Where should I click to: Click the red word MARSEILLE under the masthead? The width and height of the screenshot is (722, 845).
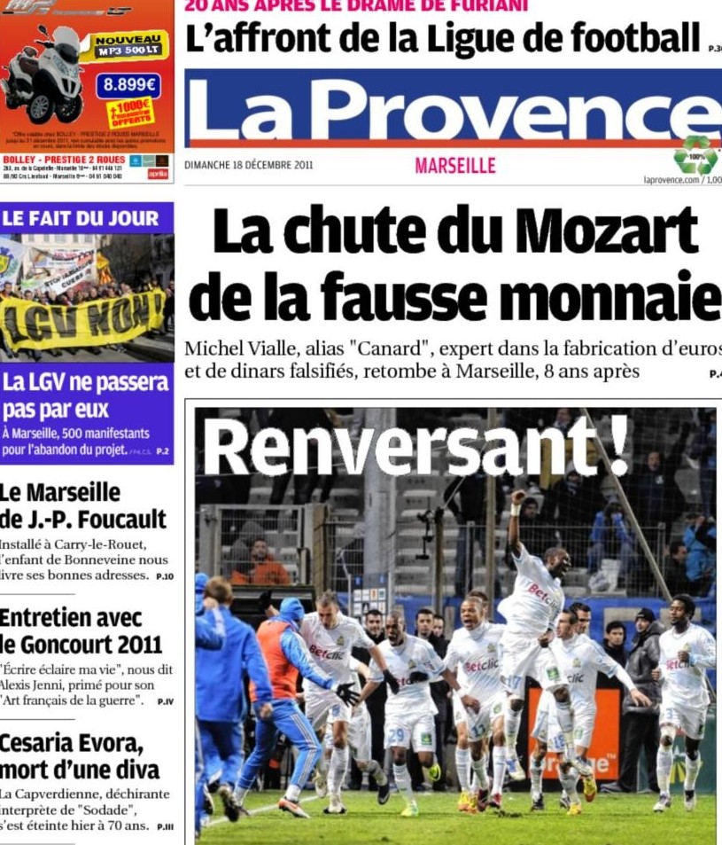(x=454, y=166)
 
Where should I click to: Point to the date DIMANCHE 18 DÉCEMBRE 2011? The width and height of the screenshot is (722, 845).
(x=249, y=165)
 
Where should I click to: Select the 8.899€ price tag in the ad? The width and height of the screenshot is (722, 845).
(x=128, y=86)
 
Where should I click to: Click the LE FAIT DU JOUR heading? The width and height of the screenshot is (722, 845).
(x=81, y=218)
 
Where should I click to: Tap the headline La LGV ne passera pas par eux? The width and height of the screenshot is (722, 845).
(x=85, y=395)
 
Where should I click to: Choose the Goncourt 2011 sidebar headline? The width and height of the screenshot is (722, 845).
(x=81, y=643)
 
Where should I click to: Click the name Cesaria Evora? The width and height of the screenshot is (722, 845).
(x=71, y=743)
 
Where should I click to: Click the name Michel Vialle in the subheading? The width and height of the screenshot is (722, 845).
(x=232, y=348)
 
